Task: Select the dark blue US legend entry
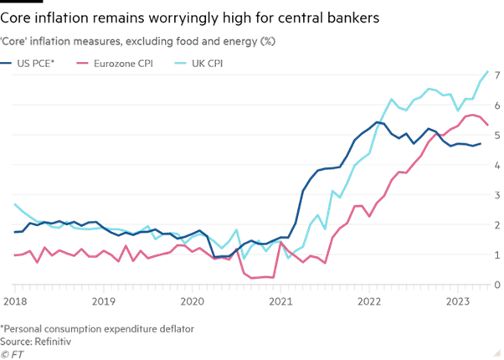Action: (33, 62)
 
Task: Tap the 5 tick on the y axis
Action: (496, 136)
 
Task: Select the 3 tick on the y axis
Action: (496, 196)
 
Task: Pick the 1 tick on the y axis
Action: (496, 255)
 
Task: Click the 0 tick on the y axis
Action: (496, 285)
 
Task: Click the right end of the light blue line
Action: (489, 72)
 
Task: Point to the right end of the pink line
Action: (489, 125)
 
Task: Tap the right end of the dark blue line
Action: (482, 143)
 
